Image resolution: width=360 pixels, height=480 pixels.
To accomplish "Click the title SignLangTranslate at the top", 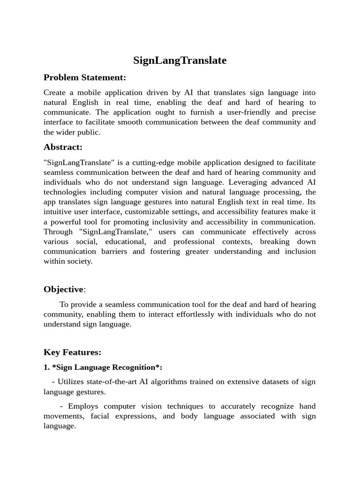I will click(x=180, y=60).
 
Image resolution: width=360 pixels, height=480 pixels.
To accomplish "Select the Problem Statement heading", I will click(x=85, y=77).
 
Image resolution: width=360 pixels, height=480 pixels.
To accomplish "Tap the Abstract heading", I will click(x=63, y=147).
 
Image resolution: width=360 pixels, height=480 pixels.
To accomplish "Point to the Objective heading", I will click(x=63, y=289).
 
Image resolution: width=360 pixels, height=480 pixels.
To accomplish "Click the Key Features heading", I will click(x=72, y=352).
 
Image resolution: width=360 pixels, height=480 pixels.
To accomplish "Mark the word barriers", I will click(x=112, y=252).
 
